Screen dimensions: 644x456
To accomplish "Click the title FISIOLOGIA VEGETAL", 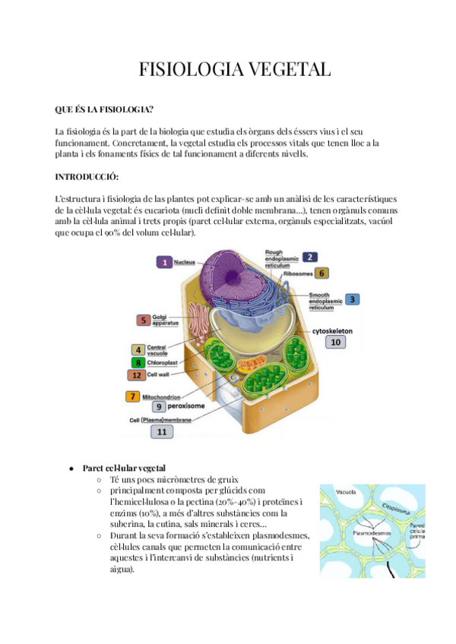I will [x=235, y=71].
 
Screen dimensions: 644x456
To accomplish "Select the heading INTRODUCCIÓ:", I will [x=87, y=177].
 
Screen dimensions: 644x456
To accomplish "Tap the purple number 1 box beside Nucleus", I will [x=164, y=262].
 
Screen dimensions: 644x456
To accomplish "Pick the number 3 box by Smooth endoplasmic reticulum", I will [x=321, y=273].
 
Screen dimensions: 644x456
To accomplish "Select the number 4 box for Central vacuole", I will [x=138, y=350].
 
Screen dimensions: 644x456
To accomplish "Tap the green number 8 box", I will [x=138, y=362].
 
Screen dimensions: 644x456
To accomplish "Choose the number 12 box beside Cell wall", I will [x=137, y=374].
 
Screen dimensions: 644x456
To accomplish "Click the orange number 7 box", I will [x=134, y=396].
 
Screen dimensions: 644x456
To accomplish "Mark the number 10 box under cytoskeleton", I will [x=336, y=343].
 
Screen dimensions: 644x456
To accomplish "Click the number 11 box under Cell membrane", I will [x=162, y=431].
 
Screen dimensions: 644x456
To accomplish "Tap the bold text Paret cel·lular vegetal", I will [x=124, y=468].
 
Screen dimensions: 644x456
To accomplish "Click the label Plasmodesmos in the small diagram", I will [x=352, y=534].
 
